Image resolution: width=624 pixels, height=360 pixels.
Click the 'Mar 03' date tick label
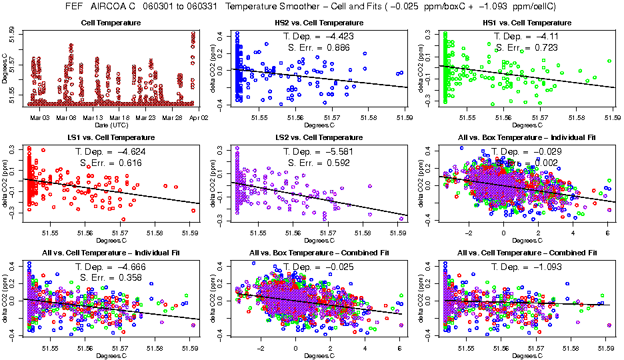pyautogui.click(x=41, y=117)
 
